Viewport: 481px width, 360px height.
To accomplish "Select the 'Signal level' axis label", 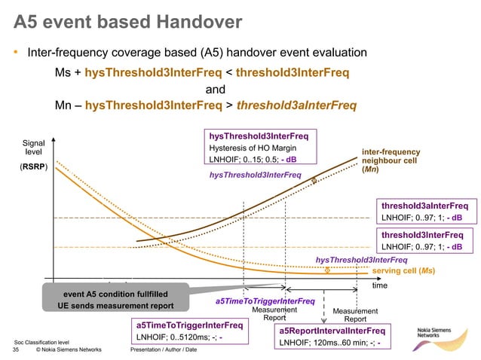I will point(33,148).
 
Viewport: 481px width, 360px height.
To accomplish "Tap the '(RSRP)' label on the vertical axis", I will point(33,167).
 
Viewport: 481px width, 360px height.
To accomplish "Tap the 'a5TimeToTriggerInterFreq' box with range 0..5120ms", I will point(189,331).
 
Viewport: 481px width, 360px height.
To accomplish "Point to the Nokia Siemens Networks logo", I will point(441,334).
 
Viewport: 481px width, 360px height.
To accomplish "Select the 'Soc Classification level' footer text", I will point(42,342).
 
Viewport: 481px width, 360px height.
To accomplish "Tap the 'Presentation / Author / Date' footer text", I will point(164,350).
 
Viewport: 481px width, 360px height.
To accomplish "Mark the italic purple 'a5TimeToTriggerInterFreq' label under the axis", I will point(265,301).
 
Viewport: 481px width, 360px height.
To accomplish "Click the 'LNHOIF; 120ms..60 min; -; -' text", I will point(329,343).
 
